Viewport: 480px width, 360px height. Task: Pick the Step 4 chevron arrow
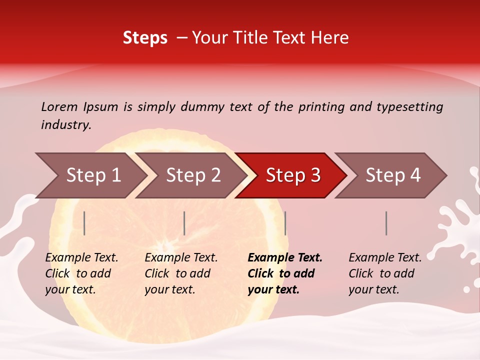click(392, 175)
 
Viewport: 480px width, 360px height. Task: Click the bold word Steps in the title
click(145, 38)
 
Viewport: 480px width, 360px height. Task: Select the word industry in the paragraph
click(65, 124)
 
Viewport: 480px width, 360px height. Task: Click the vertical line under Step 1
click(84, 223)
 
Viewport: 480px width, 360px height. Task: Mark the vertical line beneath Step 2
click(184, 223)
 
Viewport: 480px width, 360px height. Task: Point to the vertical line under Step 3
click(285, 223)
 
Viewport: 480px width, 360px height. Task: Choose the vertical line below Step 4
click(386, 223)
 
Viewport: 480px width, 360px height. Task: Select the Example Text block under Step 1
click(81, 273)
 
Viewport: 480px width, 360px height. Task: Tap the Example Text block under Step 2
click(180, 273)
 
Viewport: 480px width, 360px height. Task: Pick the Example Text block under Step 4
click(384, 273)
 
